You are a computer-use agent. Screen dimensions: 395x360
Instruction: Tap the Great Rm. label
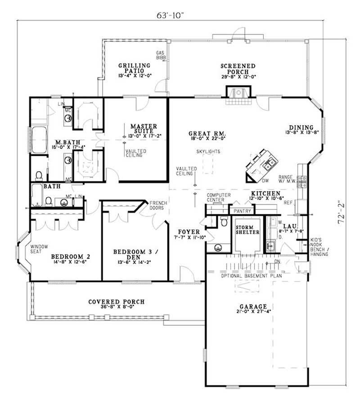click(207, 134)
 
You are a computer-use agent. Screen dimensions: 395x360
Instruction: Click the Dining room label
click(301, 127)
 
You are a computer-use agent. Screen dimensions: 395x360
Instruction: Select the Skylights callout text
click(207, 152)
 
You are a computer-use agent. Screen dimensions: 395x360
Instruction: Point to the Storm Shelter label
click(247, 229)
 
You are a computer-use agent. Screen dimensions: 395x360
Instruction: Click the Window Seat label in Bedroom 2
click(39, 249)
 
